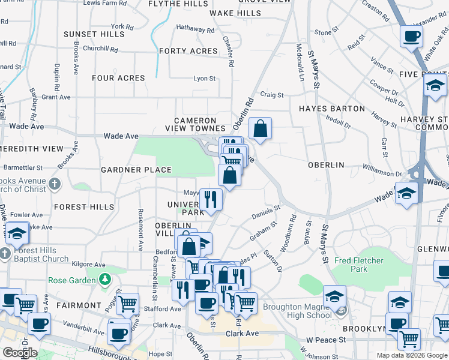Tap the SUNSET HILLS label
tap(94, 34)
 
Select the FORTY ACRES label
tap(188, 51)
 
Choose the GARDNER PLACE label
tap(136, 170)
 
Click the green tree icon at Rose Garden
tap(105, 280)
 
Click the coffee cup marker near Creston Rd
tap(412, 37)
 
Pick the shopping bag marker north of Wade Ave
tap(260, 128)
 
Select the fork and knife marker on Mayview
tap(210, 199)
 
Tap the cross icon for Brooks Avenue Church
tap(54, 183)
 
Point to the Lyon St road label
tap(204, 79)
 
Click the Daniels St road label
tap(266, 211)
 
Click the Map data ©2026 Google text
tap(411, 355)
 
